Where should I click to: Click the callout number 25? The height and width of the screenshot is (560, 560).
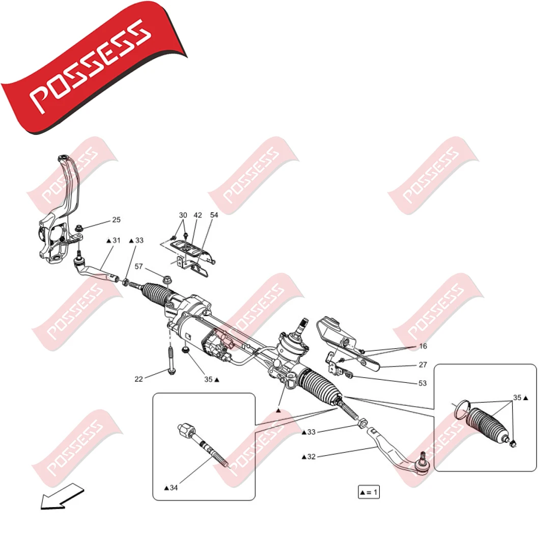coord(117,220)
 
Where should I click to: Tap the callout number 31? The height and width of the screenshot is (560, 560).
coord(117,240)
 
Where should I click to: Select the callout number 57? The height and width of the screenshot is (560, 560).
coord(139,266)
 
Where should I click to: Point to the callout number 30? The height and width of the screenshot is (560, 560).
coord(183,215)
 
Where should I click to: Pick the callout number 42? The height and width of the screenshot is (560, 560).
coord(198,215)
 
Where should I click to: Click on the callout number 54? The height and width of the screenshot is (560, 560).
coord(214,215)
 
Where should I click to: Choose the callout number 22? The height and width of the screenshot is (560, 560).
coord(138,379)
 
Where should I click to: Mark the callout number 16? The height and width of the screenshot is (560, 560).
coord(423,346)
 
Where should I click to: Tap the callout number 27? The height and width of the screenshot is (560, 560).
coord(423,365)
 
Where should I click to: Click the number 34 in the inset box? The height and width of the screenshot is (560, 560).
coord(174,488)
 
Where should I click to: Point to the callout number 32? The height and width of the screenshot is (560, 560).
coord(312,457)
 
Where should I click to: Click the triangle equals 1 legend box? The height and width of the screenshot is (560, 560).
coord(369,492)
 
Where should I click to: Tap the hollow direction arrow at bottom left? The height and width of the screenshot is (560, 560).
coord(61,496)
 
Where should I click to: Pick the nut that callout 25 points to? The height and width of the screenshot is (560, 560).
coord(79,229)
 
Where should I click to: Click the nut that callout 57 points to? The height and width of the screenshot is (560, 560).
coord(166,279)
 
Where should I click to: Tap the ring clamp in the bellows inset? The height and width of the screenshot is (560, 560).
coord(461,408)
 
